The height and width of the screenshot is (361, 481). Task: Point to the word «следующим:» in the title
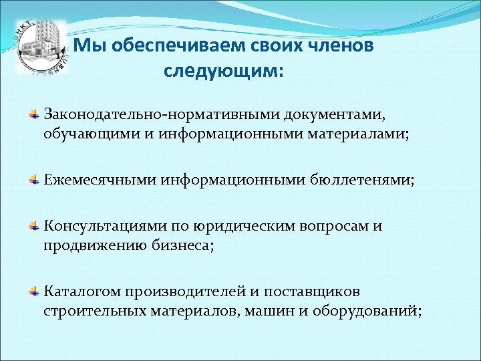click(223, 70)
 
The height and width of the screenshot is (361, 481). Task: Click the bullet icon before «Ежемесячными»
click(33, 180)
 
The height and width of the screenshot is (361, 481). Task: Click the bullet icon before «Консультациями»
click(33, 227)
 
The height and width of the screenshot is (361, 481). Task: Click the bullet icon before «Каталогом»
click(33, 292)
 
